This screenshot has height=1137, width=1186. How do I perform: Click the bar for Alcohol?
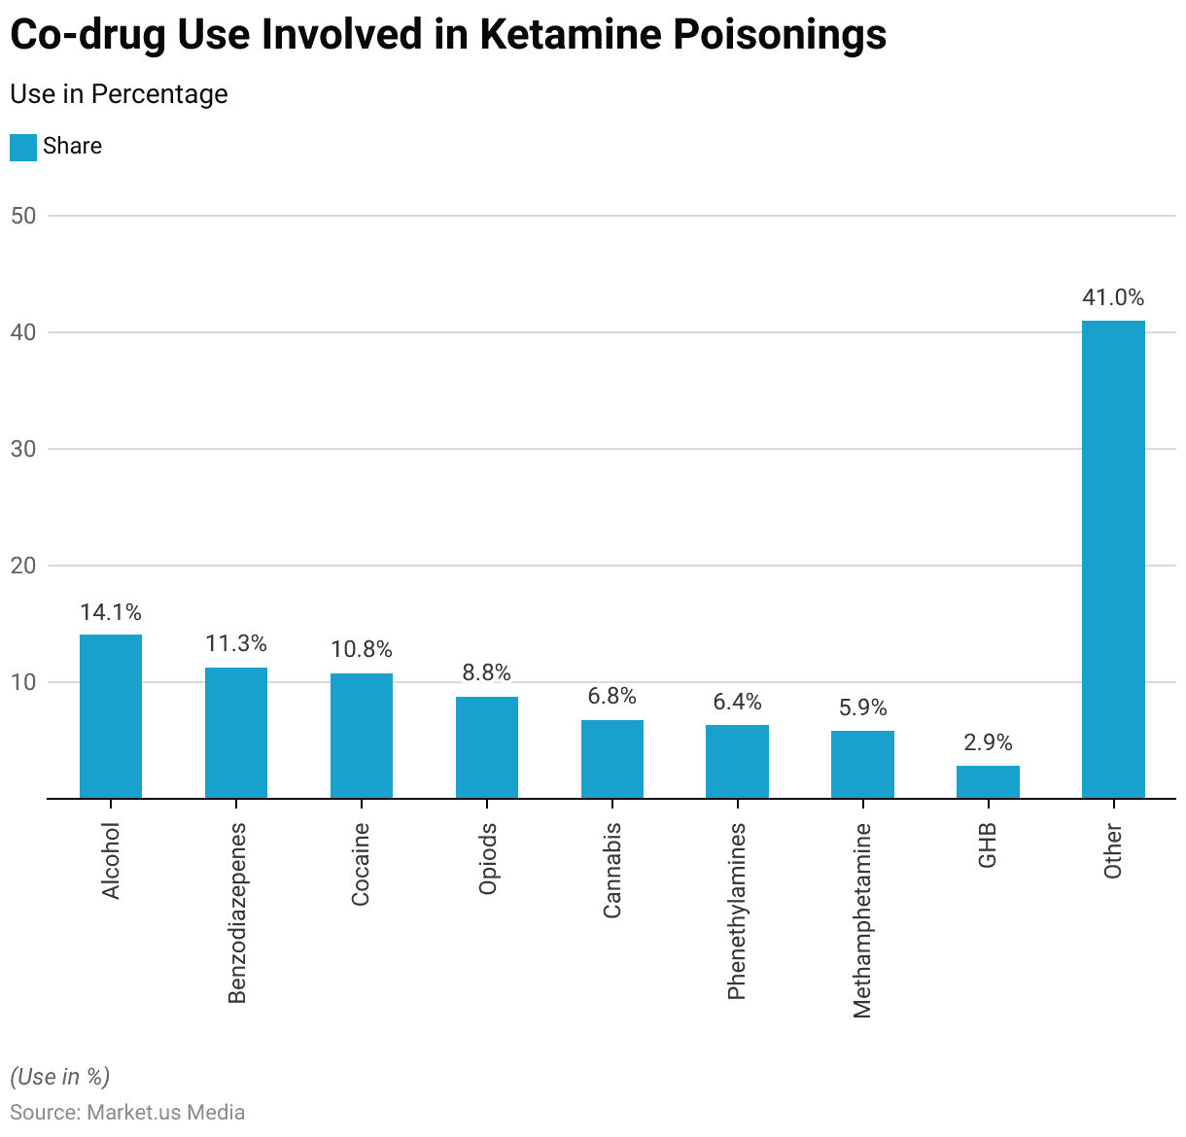(x=111, y=716)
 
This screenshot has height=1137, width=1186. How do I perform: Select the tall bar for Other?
(x=1113, y=559)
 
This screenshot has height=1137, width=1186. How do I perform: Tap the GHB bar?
(x=988, y=782)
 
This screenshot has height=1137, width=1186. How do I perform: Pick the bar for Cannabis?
(x=612, y=759)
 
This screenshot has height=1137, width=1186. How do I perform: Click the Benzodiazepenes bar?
(x=236, y=733)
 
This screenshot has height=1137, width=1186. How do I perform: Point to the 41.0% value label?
(x=1113, y=297)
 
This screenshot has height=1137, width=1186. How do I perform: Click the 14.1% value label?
(x=111, y=612)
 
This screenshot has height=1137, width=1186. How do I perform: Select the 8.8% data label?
(x=486, y=672)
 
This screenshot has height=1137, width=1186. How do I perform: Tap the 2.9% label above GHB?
(x=988, y=742)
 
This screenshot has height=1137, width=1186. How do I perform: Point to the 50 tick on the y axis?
(x=23, y=216)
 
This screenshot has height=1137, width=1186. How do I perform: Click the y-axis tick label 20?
(x=23, y=566)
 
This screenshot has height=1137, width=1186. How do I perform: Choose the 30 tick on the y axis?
(x=23, y=449)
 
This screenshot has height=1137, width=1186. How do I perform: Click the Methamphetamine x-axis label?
(x=862, y=920)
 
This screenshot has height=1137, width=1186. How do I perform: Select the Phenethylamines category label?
(x=737, y=911)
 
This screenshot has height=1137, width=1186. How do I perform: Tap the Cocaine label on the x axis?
(x=361, y=864)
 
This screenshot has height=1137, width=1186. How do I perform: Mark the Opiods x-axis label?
(x=487, y=858)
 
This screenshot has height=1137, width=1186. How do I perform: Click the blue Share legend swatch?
(x=23, y=147)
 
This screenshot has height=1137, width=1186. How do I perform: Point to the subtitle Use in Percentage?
(x=119, y=94)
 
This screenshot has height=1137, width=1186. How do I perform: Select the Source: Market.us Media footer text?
(x=127, y=1112)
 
